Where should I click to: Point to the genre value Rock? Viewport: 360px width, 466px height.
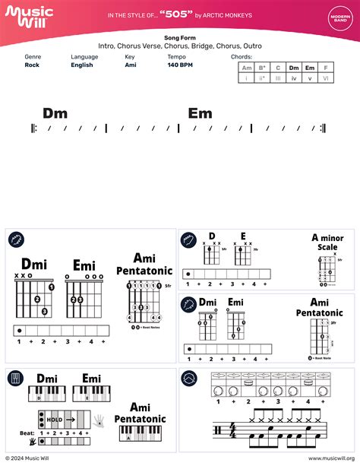coord(32,65)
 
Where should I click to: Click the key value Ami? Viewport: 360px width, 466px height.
coord(131,65)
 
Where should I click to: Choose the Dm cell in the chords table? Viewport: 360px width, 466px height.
coord(293,68)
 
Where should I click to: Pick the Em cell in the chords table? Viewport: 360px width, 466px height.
coord(309,68)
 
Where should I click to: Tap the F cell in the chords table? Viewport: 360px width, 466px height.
coord(325,68)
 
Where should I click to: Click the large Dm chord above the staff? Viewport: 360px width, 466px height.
coord(55,113)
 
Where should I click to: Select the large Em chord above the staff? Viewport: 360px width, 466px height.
coord(201,113)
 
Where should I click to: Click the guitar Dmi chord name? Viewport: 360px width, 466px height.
coord(34,264)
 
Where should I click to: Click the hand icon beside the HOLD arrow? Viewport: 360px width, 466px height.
coord(98,418)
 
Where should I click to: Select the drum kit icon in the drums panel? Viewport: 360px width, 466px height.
coord(190,378)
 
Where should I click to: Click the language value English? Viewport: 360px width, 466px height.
coord(82,65)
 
